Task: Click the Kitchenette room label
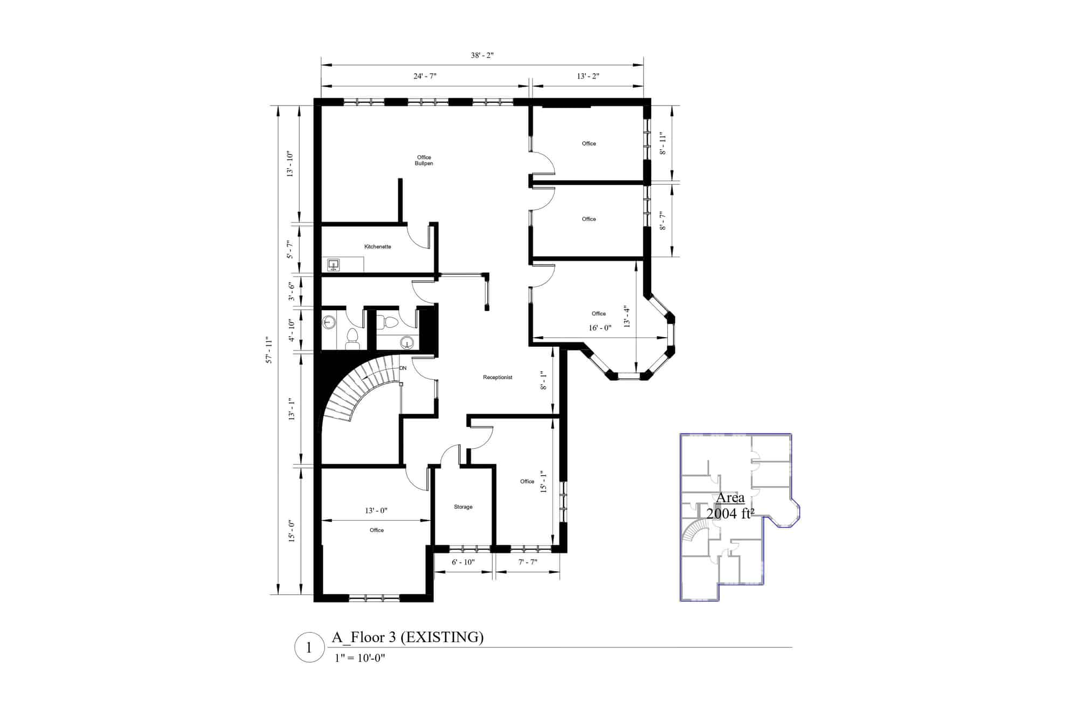point(377,247)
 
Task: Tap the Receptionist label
point(497,378)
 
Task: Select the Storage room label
point(463,507)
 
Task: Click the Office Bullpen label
point(424,161)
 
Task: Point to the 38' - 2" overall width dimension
point(482,55)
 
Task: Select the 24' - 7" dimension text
point(425,76)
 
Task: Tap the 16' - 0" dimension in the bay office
point(600,327)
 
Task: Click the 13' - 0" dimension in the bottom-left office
point(376,511)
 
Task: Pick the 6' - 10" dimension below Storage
point(463,562)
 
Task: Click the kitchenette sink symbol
point(334,264)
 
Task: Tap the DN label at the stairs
point(403,368)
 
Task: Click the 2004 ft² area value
point(730,514)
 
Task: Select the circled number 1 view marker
point(309,647)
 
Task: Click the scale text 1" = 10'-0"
point(360,658)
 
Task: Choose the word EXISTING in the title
point(442,638)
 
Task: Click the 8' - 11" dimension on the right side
point(663,144)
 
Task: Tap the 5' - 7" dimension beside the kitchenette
point(291,249)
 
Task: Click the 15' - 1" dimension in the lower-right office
point(543,482)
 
